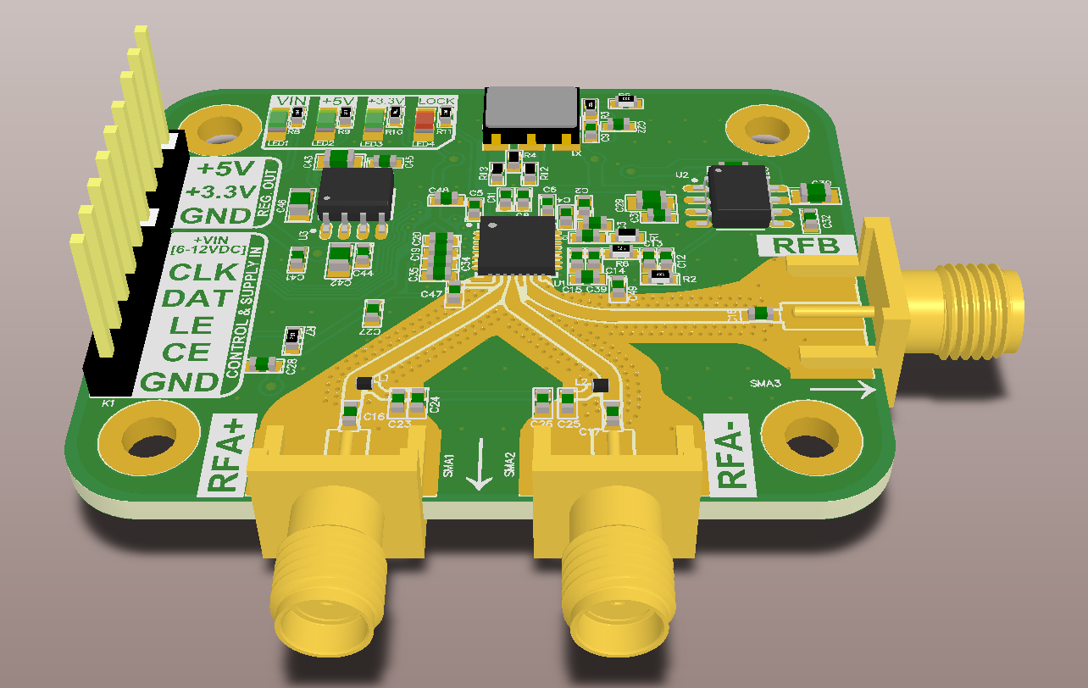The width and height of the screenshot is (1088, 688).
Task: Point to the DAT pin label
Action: coord(197,298)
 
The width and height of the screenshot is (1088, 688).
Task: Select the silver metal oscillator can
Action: coord(530,108)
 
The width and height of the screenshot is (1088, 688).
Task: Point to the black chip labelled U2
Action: coord(739,197)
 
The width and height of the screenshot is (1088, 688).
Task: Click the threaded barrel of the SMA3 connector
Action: coord(974,313)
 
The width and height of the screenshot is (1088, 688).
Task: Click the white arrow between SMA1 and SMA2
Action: coord(480,465)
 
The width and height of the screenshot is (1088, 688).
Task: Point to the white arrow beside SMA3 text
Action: coord(842,390)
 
